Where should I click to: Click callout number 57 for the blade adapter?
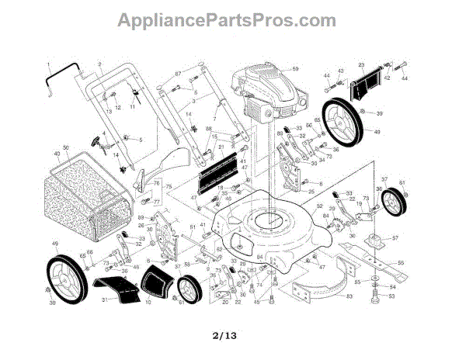(x=395, y=238)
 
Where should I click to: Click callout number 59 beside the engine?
(x=296, y=69)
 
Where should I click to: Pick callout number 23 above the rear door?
(x=361, y=65)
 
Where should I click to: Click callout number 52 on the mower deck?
(x=318, y=207)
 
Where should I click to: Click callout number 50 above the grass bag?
(x=66, y=148)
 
